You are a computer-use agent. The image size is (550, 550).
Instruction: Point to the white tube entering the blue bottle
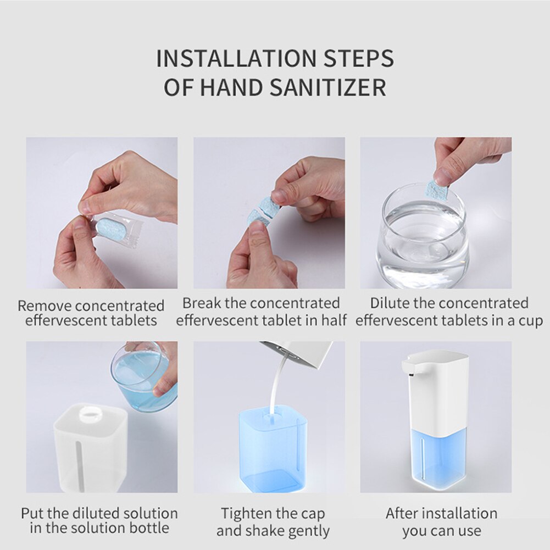tap(273, 385)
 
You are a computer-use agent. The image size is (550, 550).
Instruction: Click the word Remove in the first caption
tap(45, 305)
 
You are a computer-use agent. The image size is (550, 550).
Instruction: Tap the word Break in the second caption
tap(201, 303)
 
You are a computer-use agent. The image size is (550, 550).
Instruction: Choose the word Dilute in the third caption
tap(389, 303)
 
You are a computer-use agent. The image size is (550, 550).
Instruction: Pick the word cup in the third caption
tap(529, 320)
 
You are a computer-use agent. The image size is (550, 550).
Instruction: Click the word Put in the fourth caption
tap(32, 514)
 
